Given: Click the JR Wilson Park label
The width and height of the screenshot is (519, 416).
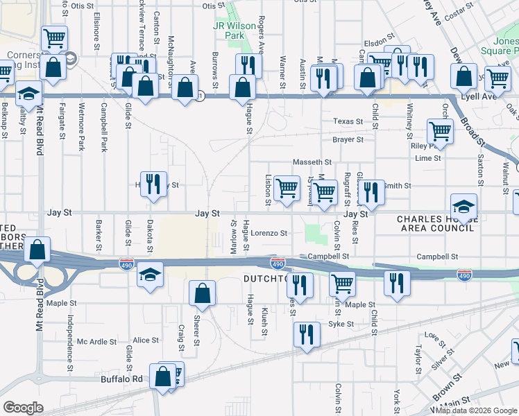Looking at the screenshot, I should pos(228,30).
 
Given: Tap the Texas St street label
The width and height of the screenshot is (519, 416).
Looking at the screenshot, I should pos(348,121).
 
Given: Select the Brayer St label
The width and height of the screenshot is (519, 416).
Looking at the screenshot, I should pos(348,139).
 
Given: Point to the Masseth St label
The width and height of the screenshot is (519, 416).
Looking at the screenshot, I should pos(312,162).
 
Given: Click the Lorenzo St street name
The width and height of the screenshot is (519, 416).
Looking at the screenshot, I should pos(269,234).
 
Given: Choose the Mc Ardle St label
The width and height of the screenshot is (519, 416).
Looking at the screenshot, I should pos(96,341).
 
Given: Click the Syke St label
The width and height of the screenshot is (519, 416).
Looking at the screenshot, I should pos(341,324).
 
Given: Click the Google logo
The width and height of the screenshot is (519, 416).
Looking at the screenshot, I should pos(23,408).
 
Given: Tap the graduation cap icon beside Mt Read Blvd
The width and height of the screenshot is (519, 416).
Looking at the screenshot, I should pos(28,94).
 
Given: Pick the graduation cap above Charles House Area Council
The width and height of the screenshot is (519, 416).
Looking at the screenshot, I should pos(464,206).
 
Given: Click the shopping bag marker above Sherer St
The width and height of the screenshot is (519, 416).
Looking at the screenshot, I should pos(201,293).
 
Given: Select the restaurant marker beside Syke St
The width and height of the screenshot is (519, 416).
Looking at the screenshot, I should pos(305,334).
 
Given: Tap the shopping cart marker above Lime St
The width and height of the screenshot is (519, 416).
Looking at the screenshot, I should pos(440,131).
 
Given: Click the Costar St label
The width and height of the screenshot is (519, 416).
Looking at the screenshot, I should pos(477,13).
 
